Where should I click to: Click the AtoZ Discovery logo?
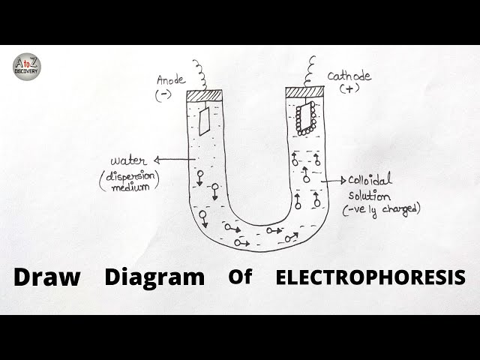click(x=26, y=66)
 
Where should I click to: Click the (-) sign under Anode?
click(x=163, y=95)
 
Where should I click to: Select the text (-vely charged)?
click(x=381, y=210)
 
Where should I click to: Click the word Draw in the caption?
click(x=46, y=276)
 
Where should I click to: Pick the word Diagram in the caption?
click(x=154, y=277)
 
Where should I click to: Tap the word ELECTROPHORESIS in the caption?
click(x=370, y=277)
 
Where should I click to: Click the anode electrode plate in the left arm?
click(x=203, y=120)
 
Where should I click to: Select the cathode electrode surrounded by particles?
click(x=304, y=118)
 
